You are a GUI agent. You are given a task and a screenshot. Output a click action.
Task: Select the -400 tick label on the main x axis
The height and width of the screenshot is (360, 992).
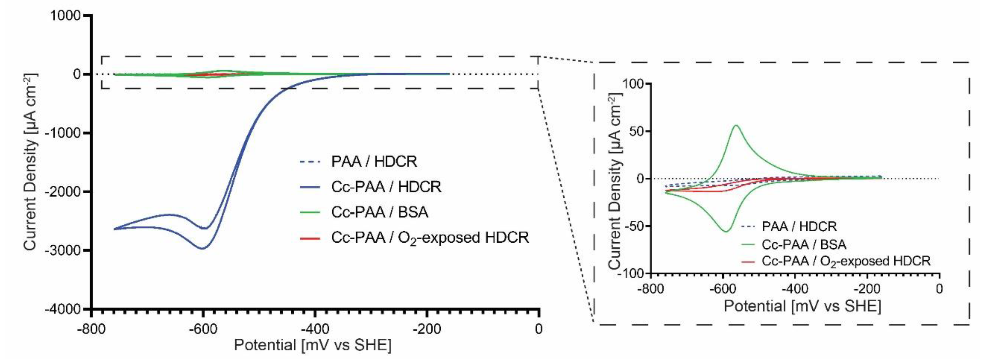coord(315,329)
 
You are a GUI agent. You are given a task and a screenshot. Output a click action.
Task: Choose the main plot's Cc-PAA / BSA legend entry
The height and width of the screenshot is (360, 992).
coord(379,212)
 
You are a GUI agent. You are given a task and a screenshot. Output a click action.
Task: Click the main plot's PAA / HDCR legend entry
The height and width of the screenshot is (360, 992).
coord(374,162)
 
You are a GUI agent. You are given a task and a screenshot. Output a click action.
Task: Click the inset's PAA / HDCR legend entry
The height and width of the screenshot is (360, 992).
coord(799,226)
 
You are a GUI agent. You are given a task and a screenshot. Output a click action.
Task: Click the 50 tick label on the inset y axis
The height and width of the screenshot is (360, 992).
coord(636,131)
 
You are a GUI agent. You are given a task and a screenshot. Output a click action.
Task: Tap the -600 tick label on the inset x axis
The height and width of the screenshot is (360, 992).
coord(723,288)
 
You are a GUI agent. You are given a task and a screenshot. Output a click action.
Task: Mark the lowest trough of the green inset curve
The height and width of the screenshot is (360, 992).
coord(726,231)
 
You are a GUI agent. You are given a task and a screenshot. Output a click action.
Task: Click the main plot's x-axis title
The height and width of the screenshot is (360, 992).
coord(312,345)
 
